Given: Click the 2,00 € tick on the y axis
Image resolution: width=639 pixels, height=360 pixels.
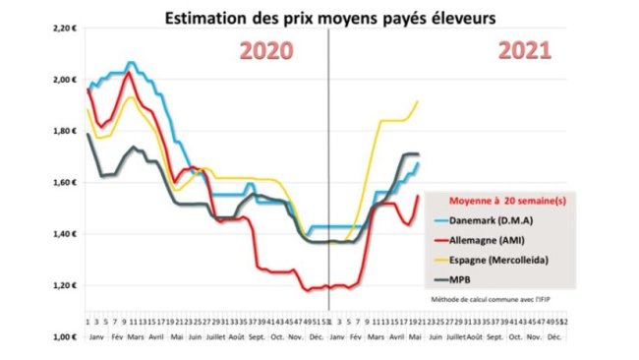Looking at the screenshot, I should click(x=64, y=80).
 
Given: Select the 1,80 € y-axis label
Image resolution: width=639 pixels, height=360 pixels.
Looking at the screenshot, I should click(x=64, y=131).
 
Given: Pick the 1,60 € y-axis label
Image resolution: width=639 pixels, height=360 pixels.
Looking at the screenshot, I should click(x=64, y=183).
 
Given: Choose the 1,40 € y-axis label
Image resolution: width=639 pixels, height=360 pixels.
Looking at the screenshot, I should click(x=64, y=234).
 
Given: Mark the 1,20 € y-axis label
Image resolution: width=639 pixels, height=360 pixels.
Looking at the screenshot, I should click(x=64, y=285).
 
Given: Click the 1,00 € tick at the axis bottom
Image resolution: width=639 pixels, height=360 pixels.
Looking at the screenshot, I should click(x=64, y=336).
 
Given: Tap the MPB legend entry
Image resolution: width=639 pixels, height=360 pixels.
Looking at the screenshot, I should click(x=462, y=280).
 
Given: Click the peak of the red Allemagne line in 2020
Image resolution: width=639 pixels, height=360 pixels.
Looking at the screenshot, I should click(x=129, y=72).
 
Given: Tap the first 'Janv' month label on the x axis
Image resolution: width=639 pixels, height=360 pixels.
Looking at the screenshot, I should click(x=95, y=336).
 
